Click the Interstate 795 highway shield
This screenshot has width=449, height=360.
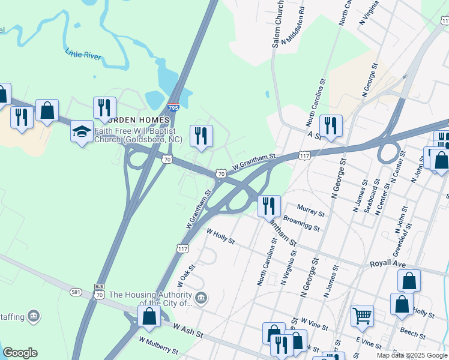[x=173, y=107]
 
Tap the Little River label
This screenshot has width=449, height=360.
[x=83, y=54]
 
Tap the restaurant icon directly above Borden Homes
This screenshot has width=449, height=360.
[x=104, y=108]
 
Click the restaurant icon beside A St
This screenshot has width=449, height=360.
[x=331, y=126]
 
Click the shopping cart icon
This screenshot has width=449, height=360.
[x=362, y=316]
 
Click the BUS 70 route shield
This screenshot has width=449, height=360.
[x=100, y=291]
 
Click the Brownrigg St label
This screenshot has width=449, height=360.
[x=301, y=224]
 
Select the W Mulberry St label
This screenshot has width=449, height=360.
[x=158, y=345]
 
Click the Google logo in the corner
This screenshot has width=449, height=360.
[x=20, y=353]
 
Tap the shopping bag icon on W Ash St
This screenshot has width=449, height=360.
[x=149, y=316]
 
